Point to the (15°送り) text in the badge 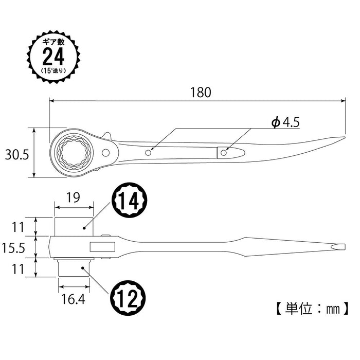click(x=53, y=69)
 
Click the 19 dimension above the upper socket click(x=74, y=196)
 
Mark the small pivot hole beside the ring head click(x=106, y=152)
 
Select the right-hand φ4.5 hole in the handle click(x=224, y=152)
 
